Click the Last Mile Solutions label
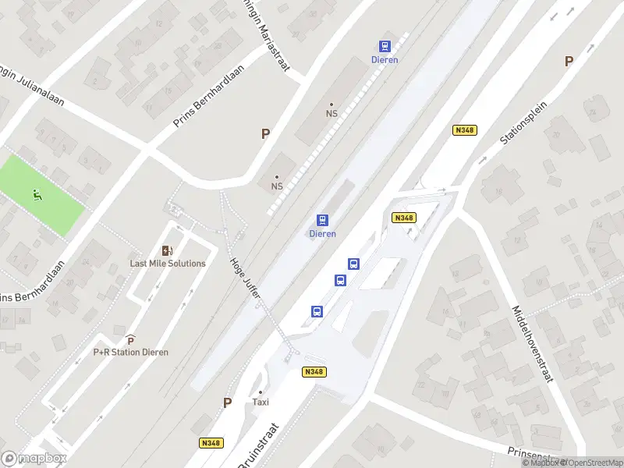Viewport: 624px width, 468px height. (168, 264)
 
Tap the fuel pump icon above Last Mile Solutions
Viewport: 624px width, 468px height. (167, 250)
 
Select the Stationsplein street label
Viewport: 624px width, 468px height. (523, 122)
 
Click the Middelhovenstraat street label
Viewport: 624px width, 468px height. (530, 342)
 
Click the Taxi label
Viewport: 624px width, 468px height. (261, 402)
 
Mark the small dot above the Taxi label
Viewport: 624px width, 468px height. (261, 392)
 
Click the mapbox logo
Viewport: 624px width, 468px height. (34, 459)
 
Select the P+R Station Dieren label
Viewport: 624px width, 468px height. (130, 352)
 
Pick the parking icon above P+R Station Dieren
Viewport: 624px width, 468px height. (130, 340)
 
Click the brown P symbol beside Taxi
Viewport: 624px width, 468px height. (228, 402)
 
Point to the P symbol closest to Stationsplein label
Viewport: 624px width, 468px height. (569, 61)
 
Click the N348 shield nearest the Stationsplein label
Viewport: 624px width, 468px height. (464, 130)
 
